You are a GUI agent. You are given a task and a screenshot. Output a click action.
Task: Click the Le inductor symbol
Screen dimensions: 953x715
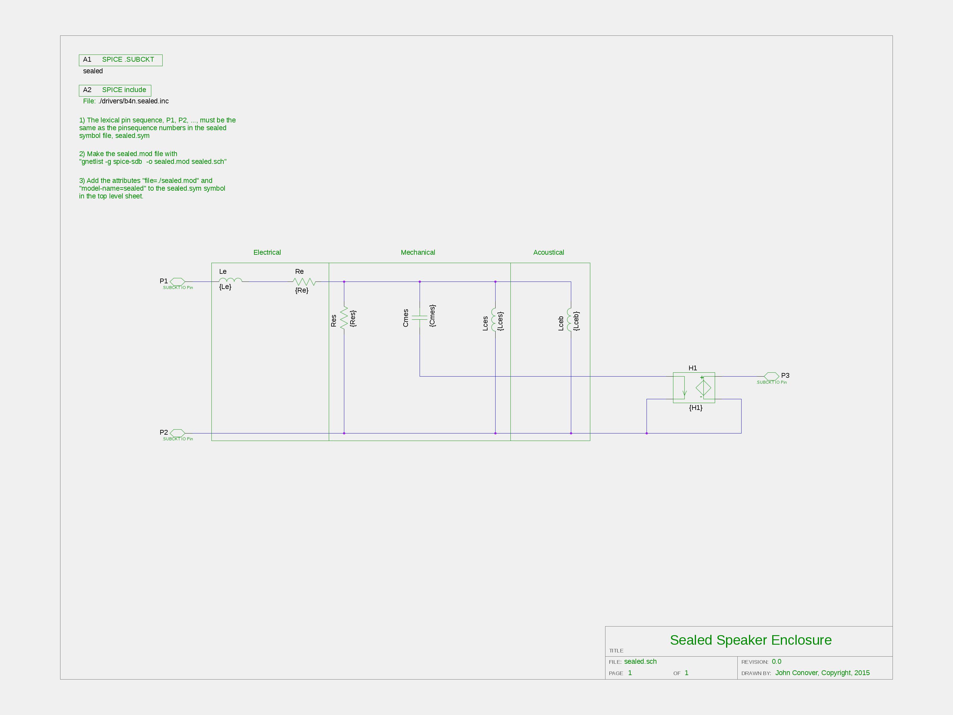[231, 280]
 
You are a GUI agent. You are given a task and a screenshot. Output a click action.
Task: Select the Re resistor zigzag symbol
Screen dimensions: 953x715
[304, 282]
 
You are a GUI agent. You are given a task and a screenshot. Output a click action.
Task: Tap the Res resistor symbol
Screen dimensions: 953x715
[344, 318]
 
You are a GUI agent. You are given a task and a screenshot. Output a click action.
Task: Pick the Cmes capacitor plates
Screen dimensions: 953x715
[420, 318]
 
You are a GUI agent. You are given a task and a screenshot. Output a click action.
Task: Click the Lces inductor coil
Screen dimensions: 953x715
[494, 319]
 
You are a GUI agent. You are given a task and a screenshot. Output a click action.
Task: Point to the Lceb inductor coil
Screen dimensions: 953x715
[569, 319]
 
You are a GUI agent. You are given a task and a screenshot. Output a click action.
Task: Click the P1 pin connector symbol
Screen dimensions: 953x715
[177, 282]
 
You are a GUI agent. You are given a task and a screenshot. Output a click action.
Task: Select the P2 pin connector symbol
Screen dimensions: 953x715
[177, 433]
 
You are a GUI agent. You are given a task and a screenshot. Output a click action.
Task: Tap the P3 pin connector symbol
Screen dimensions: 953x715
[772, 376]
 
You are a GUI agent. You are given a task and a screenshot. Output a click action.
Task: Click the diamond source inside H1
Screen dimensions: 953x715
[703, 387]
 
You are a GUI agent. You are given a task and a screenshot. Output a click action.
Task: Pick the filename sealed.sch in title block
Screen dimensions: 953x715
[640, 662]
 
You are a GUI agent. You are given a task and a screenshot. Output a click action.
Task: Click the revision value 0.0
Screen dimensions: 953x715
[776, 662]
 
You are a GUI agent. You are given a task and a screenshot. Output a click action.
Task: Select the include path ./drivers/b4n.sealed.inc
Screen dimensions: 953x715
[133, 101]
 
